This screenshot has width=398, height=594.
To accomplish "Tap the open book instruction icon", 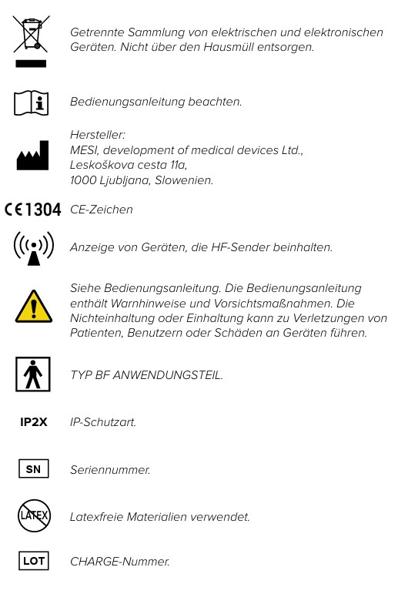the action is [x=32, y=102].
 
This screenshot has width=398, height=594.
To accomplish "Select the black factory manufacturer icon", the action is [x=32, y=156].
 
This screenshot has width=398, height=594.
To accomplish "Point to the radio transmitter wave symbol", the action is [x=33, y=248].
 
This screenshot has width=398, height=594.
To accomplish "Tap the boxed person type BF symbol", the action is [x=32, y=375].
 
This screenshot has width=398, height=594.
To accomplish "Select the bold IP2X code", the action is [x=33, y=422].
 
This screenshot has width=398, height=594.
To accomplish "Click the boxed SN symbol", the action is [x=33, y=468].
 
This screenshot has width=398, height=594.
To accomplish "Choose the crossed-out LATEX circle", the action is [x=32, y=515].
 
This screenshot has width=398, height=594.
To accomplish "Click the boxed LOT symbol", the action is [x=32, y=562].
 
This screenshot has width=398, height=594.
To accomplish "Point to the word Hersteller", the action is [x=97, y=135].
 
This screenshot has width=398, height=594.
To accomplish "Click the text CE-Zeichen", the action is [x=101, y=210].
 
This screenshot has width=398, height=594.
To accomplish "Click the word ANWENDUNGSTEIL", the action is [x=168, y=375].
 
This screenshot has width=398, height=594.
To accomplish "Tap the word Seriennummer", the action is [x=110, y=468].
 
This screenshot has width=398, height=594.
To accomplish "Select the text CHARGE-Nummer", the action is [x=119, y=562].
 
